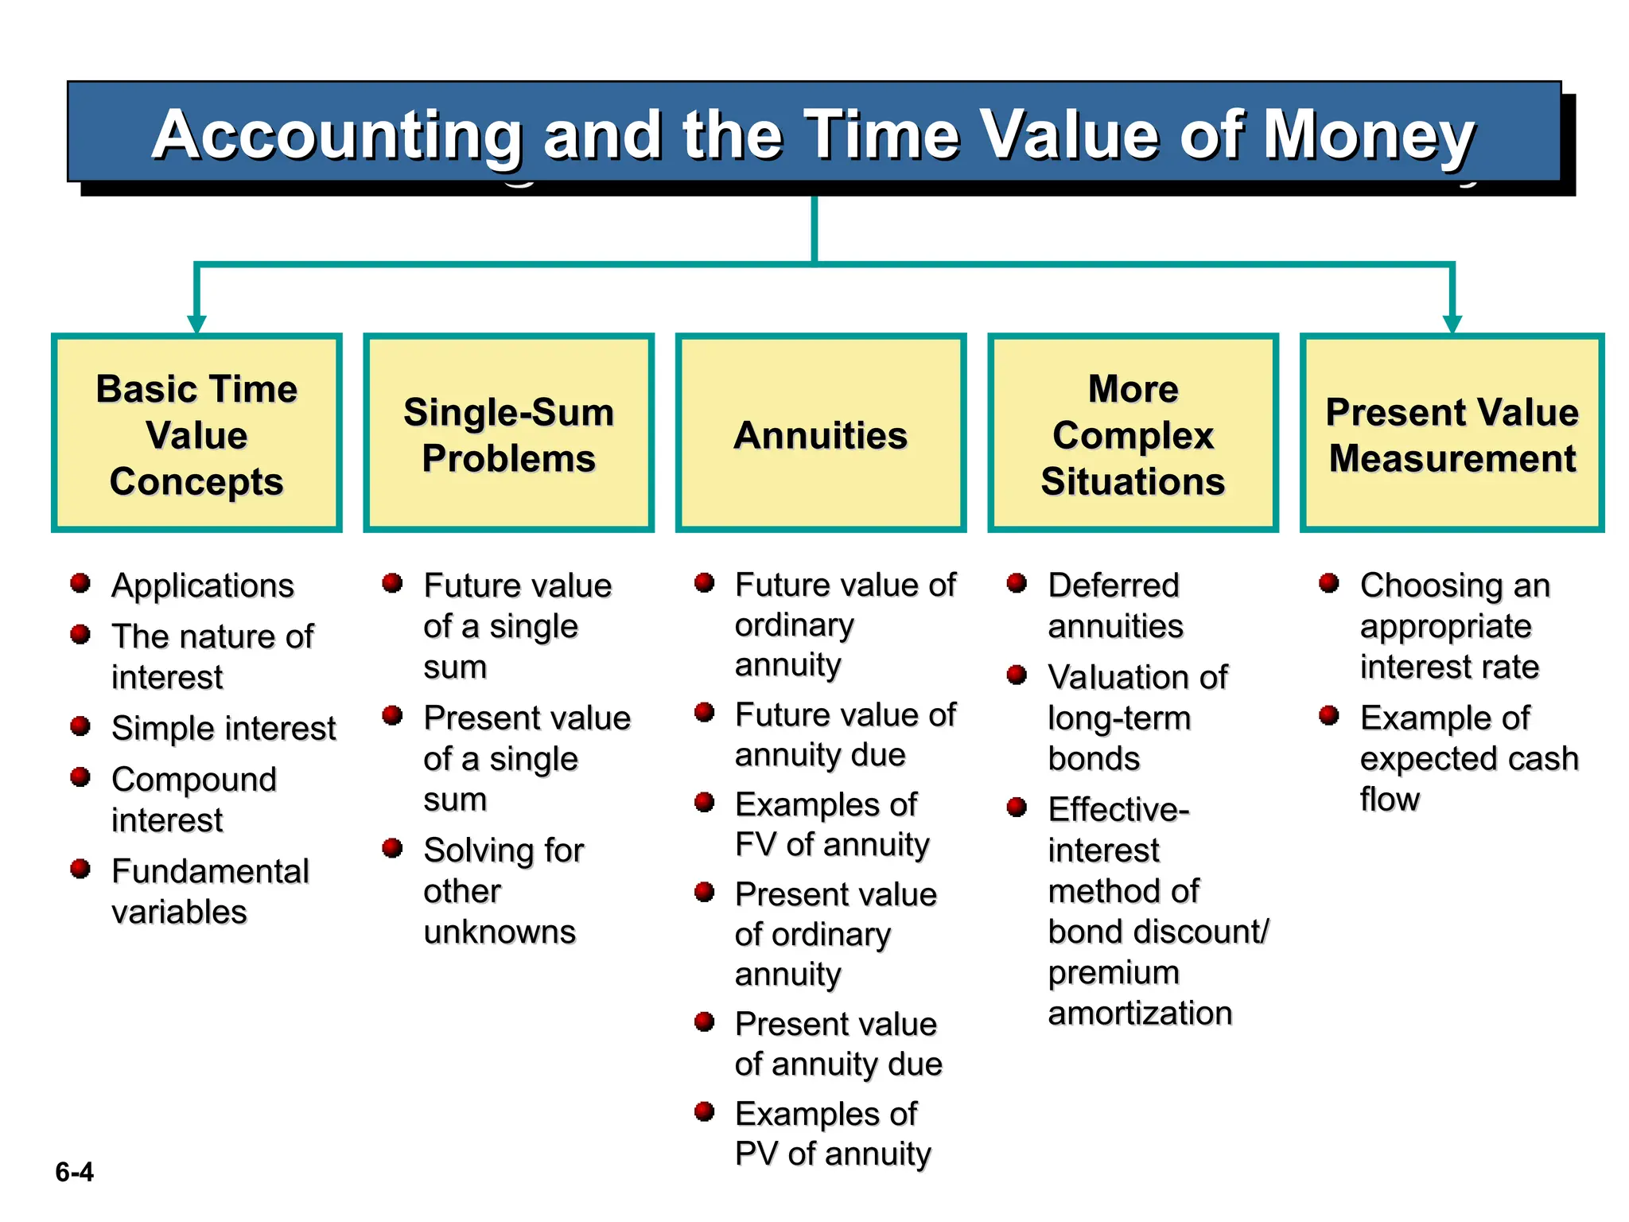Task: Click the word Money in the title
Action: pos(1368,135)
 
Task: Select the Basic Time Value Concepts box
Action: pos(196,434)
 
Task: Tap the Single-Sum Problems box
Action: pos(508,434)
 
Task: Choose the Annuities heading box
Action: pos(820,434)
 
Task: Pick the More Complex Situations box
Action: pos(1133,434)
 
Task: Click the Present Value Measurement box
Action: pos(1452,434)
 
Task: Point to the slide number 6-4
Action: pos(74,1172)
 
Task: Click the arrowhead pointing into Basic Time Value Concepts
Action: pos(196,324)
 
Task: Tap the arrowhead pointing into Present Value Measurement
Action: pos(1452,324)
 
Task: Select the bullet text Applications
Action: pos(203,586)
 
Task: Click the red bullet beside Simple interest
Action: pos(80,726)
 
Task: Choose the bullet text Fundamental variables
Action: pos(209,891)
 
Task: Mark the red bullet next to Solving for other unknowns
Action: pos(392,848)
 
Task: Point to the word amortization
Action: pos(1140,1014)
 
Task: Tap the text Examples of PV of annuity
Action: pos(831,1134)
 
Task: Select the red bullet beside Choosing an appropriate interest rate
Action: pos(1328,583)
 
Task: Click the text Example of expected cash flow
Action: pos(1468,758)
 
